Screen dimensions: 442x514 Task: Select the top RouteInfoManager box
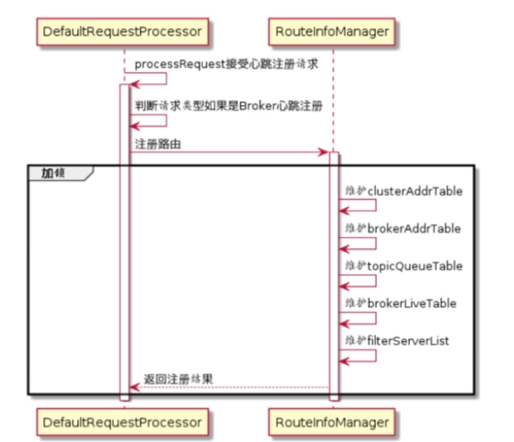[x=332, y=31]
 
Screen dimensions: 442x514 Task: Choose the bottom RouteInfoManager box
[x=332, y=422]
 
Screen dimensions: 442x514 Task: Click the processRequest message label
[x=226, y=64]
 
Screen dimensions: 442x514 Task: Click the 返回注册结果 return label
[x=178, y=379]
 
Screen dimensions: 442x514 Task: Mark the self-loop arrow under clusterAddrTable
[x=359, y=205]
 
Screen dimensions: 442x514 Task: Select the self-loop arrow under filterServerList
[x=359, y=355]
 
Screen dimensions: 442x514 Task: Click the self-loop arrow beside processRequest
[x=150, y=79]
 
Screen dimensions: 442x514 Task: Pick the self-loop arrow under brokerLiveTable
[x=359, y=317]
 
